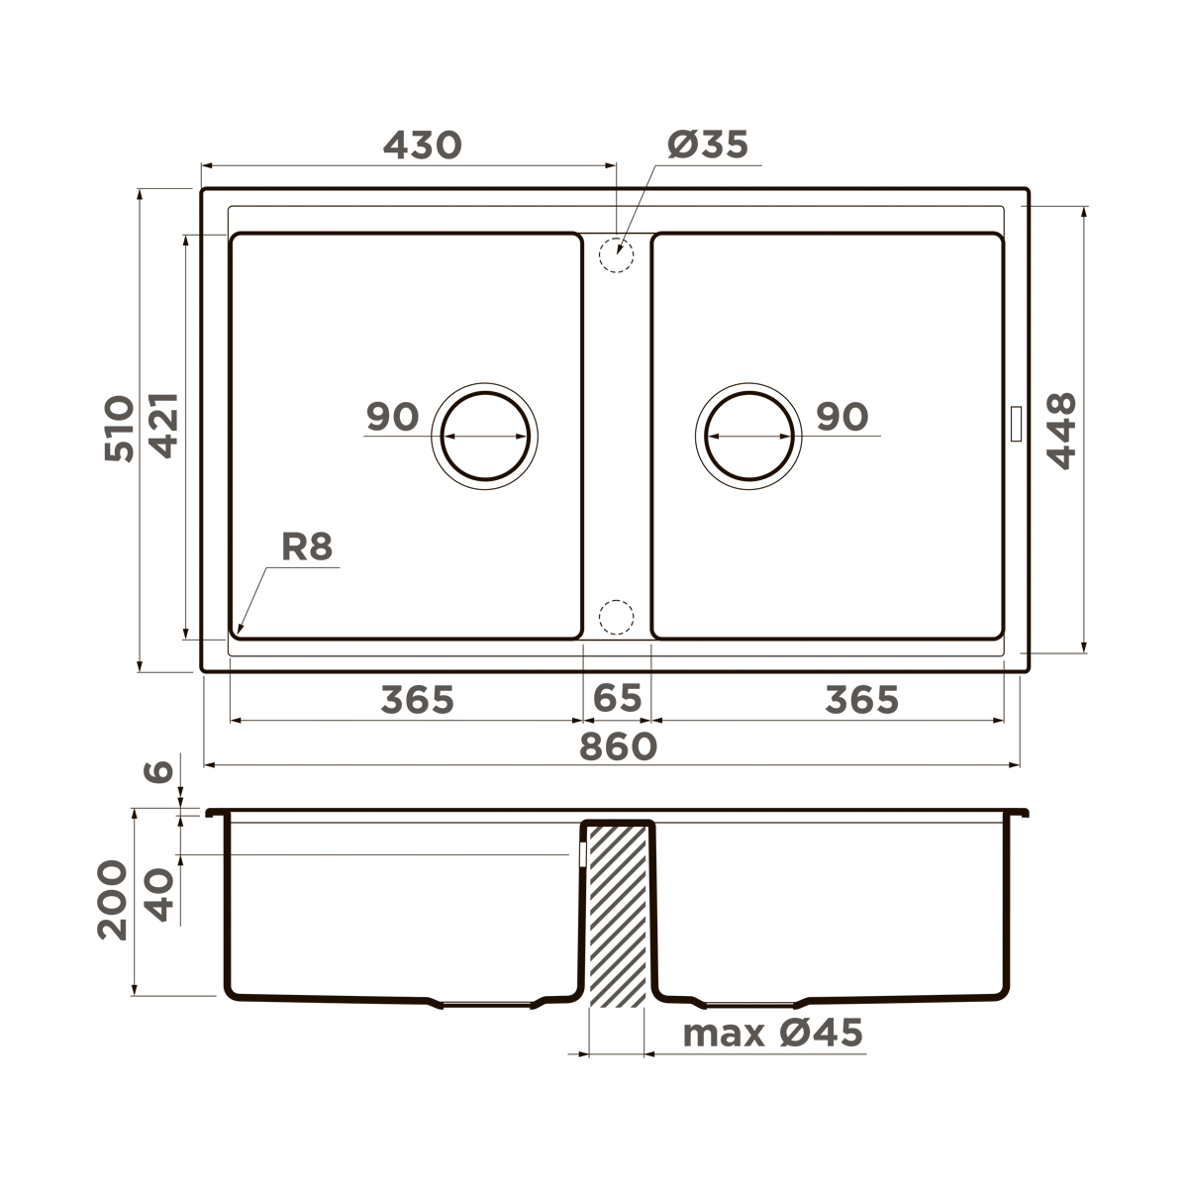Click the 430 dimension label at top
tap(422, 146)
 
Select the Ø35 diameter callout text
tap(708, 146)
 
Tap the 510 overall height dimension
tap(119, 429)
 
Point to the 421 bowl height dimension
tap(163, 425)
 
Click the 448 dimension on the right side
tap(1061, 431)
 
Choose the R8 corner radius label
tap(307, 547)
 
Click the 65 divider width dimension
tap(617, 699)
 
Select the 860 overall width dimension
tap(618, 746)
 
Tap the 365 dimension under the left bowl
tap(417, 700)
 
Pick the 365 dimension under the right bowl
tap(861, 700)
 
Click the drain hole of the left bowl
tap(484, 436)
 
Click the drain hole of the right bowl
tap(750, 436)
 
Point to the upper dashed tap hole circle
tap(616, 253)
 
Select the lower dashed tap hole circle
tap(616, 616)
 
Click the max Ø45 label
tap(772, 1034)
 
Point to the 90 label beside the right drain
tap(841, 417)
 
